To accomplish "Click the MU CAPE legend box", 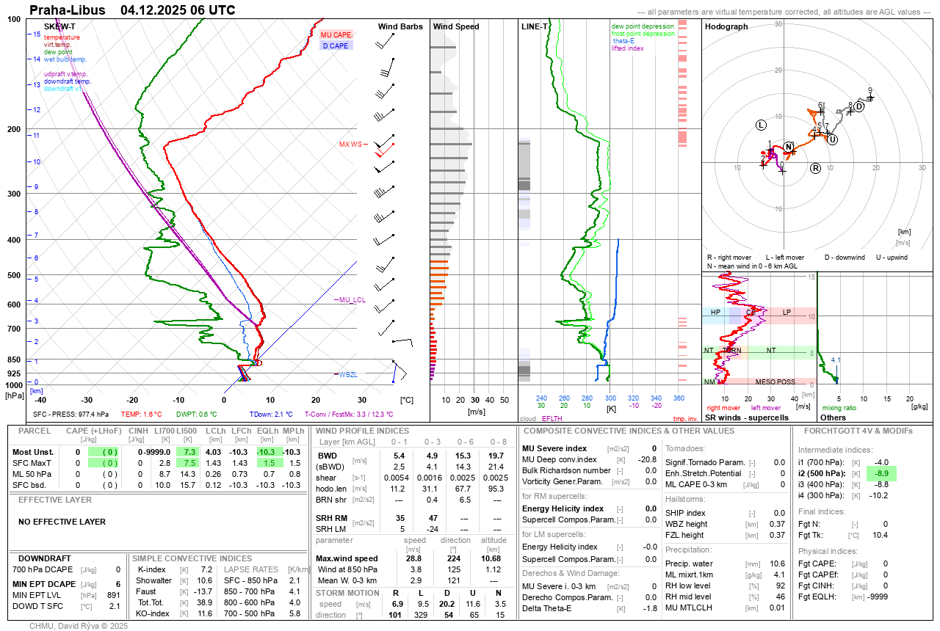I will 336,34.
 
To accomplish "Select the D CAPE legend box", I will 336,45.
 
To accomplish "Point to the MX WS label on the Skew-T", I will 350,145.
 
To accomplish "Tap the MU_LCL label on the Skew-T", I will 351,300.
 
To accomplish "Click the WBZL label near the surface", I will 348,375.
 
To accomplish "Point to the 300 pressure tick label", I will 14,194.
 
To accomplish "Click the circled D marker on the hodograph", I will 858,106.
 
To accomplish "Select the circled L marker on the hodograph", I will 761,125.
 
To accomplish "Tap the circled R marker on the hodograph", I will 815,169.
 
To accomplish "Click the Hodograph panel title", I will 726,26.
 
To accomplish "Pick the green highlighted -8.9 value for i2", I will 881,474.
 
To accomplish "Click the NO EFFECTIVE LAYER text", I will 62,522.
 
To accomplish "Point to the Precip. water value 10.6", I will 777,563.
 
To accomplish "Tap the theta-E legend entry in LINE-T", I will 623,41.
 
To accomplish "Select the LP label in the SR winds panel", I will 787,313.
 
